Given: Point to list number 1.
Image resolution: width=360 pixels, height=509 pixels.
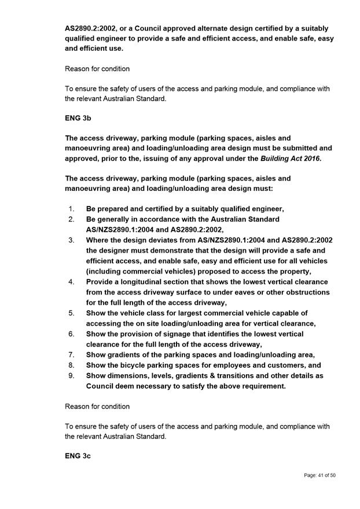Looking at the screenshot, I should [x=71, y=209].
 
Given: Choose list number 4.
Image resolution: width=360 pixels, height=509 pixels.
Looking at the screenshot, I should [x=71, y=282].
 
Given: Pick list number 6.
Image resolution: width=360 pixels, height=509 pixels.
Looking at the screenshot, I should [x=71, y=334].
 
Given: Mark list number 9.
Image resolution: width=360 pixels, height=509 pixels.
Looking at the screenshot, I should [x=71, y=375].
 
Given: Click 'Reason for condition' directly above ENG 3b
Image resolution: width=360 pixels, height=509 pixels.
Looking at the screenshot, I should [x=97, y=68].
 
